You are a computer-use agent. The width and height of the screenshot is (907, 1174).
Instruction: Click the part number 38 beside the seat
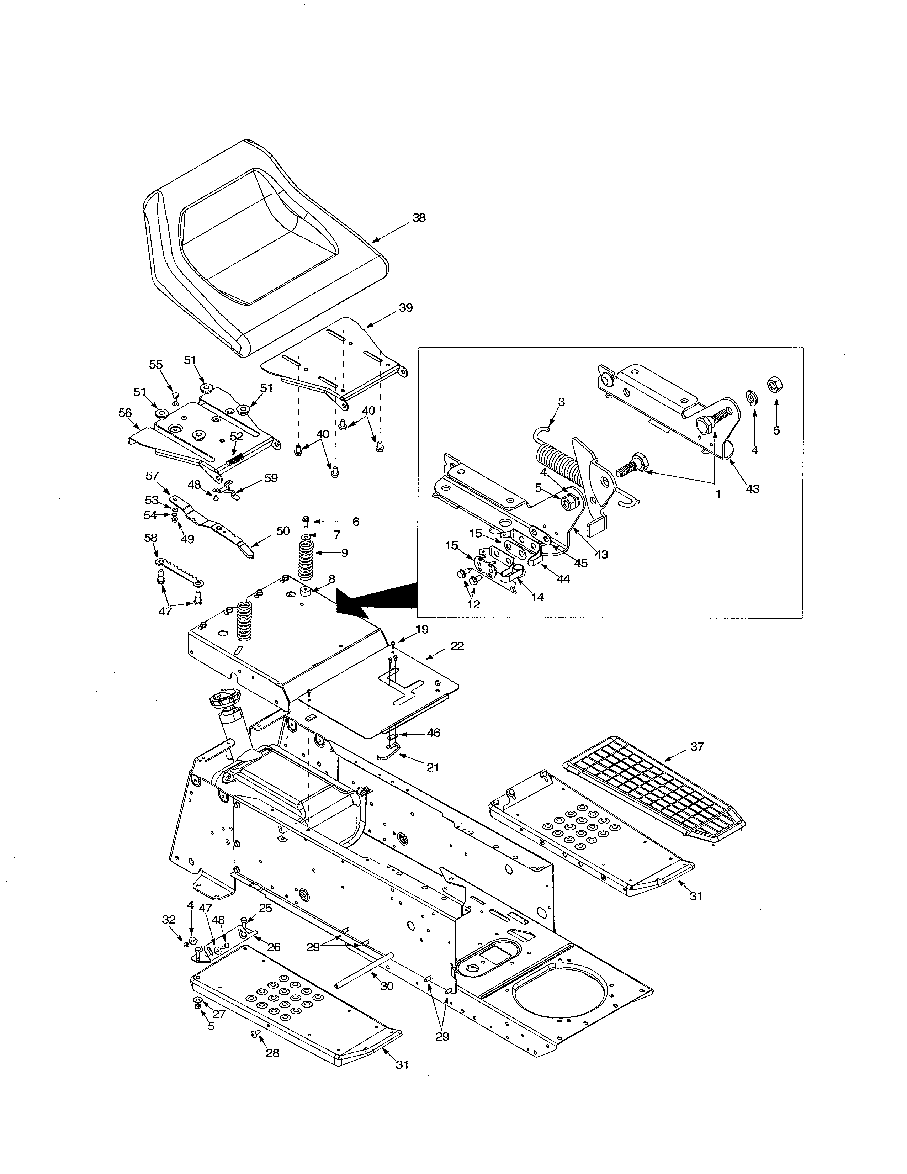coord(419,218)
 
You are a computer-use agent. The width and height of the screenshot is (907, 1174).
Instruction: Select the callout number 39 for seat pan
coord(406,307)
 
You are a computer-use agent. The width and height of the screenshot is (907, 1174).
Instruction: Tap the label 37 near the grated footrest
coord(696,747)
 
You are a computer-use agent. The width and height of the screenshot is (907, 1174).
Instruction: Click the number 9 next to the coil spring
coord(344,552)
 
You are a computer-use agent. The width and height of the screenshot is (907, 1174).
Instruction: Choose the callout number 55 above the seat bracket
coord(156,364)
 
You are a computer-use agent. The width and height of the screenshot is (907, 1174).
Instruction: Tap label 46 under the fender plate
coord(433,733)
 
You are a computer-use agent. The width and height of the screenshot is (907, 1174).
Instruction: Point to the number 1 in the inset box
coord(718,493)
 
